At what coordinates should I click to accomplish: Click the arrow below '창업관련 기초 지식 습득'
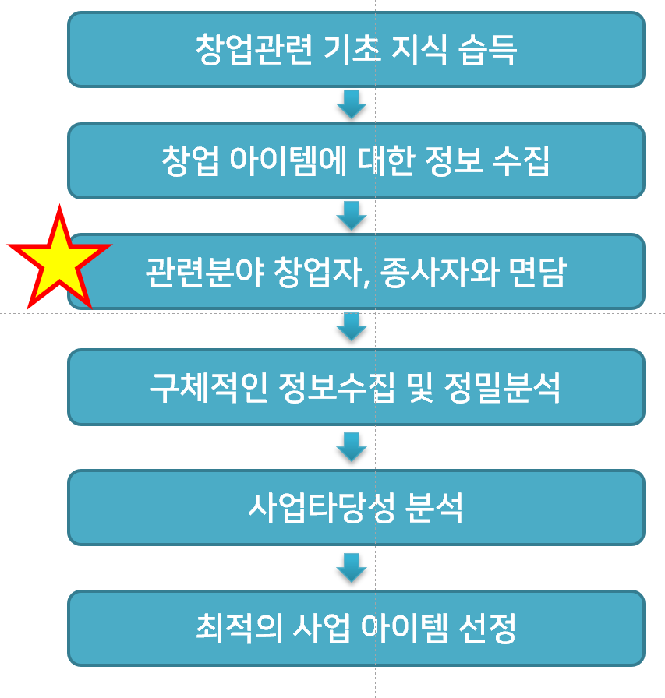click(352, 104)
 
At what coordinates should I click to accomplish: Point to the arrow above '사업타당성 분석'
click(352, 447)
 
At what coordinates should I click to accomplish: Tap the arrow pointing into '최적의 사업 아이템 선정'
click(352, 567)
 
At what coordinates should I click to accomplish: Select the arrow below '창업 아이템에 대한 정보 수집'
click(352, 216)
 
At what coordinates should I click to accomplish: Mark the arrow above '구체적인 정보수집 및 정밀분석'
click(352, 326)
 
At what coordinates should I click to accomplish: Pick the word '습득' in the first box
click(489, 50)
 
